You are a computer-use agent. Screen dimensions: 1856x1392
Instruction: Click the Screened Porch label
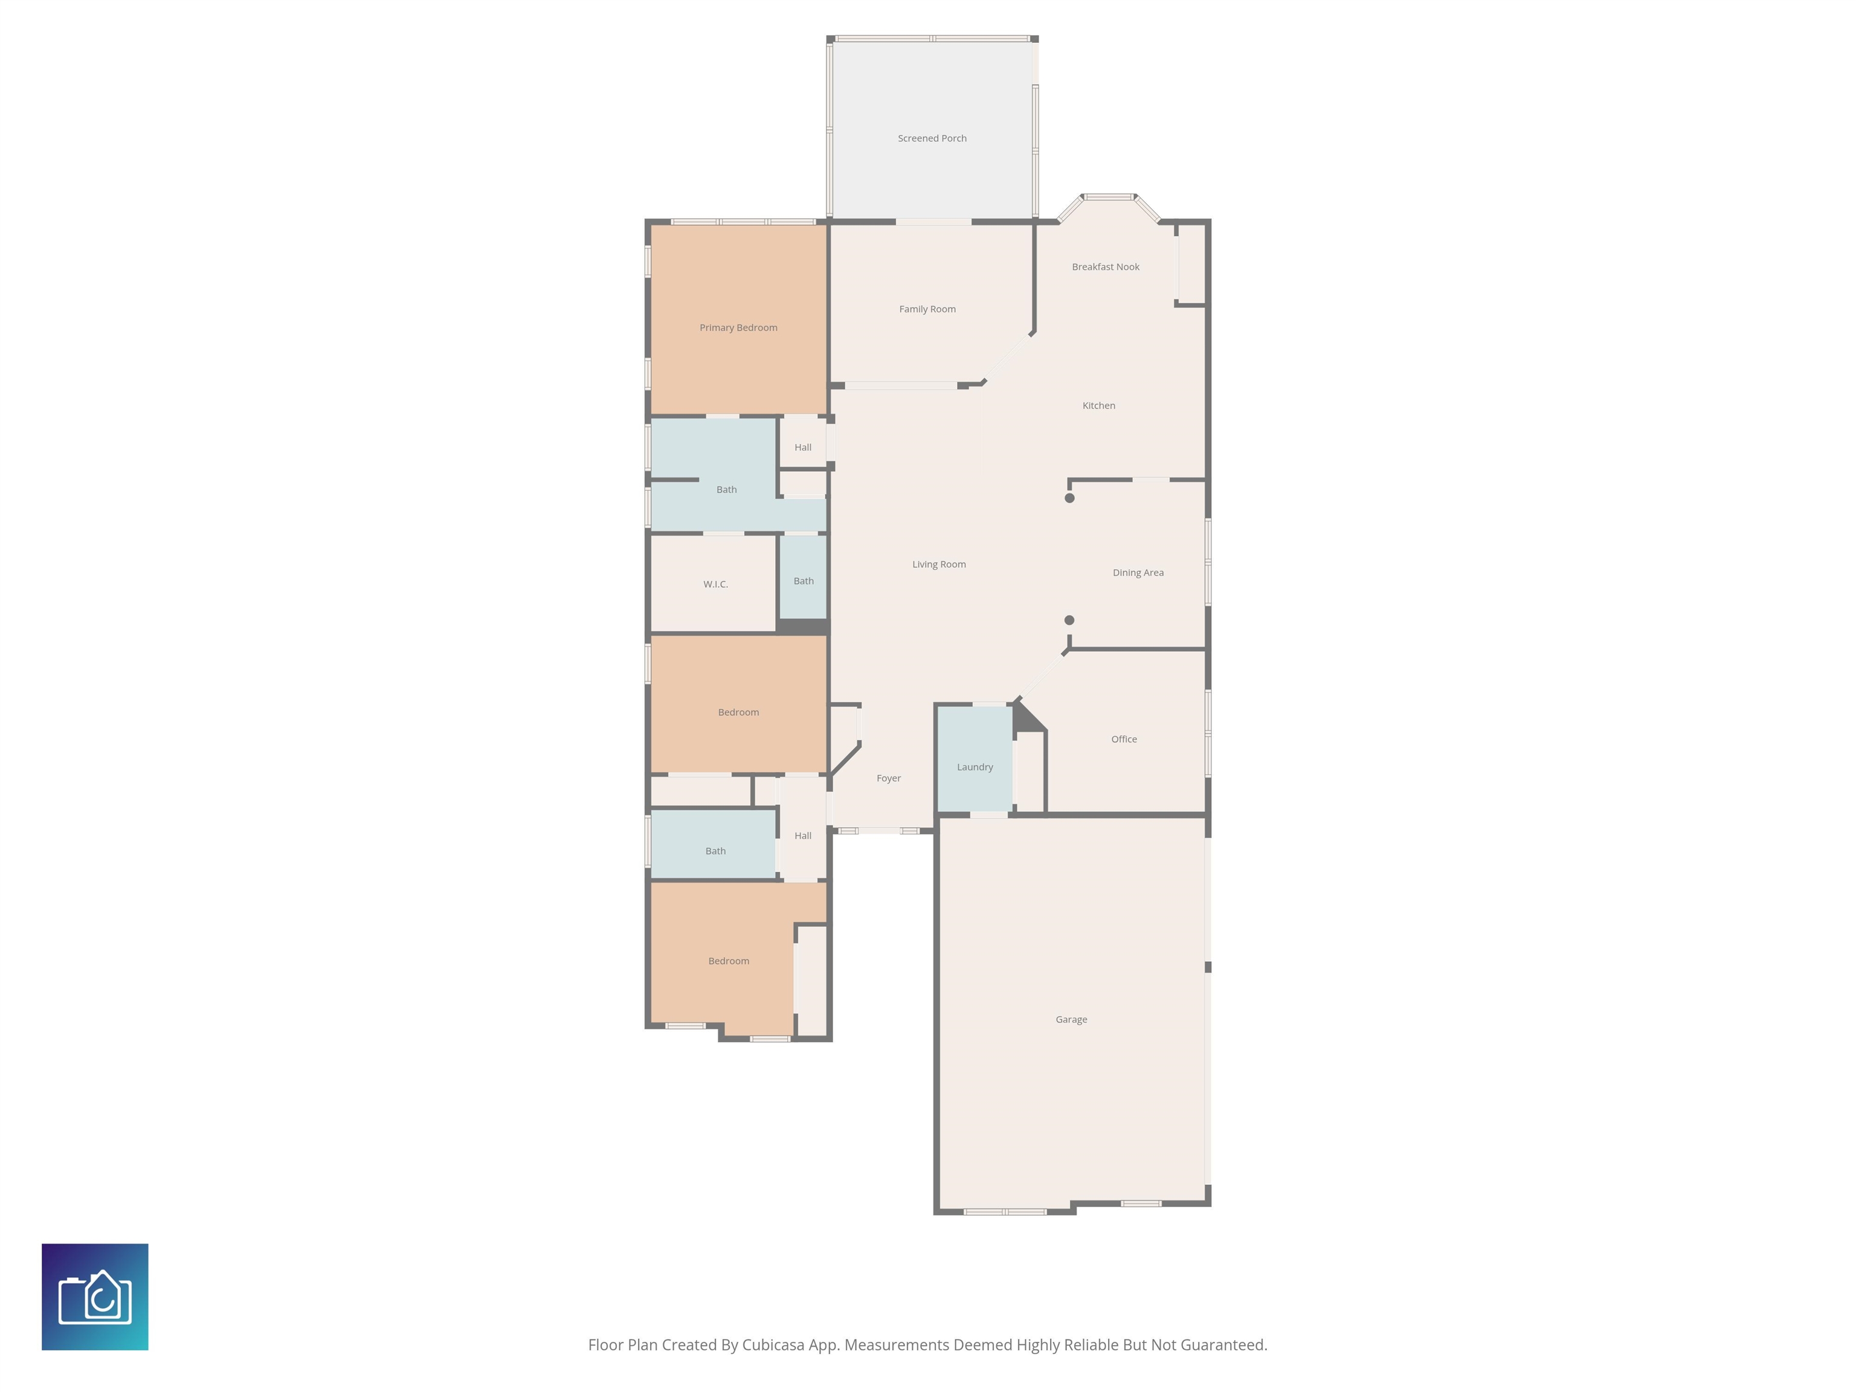pyautogui.click(x=932, y=138)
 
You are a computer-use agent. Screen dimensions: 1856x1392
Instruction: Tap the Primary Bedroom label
pyautogui.click(x=738, y=328)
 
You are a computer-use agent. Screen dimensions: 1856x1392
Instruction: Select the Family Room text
pyautogui.click(x=927, y=309)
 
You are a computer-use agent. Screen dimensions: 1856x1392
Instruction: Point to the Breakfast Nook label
pyautogui.click(x=1105, y=267)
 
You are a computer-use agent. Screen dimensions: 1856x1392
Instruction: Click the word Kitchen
pyautogui.click(x=1098, y=406)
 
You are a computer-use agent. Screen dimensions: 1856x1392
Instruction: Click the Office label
pyautogui.click(x=1124, y=739)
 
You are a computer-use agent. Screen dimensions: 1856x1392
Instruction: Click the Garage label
pyautogui.click(x=1071, y=1019)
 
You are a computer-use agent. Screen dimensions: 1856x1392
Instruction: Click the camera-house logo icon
pyautogui.click(x=95, y=1297)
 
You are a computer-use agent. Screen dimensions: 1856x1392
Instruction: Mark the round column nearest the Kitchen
pyautogui.click(x=1069, y=498)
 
